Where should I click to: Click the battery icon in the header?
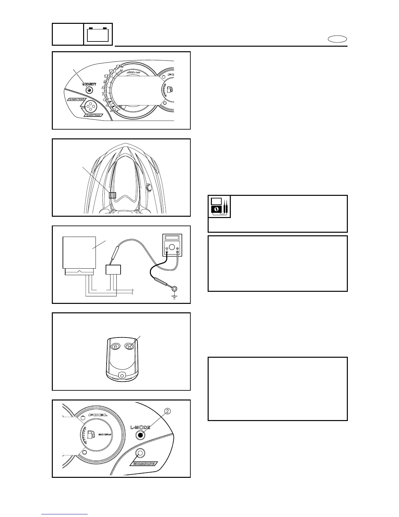[98, 34]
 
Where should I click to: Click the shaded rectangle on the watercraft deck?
[112, 195]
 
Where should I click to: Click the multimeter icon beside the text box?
[219, 207]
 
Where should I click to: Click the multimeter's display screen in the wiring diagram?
[172, 238]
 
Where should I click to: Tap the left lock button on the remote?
[116, 346]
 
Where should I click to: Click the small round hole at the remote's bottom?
[122, 376]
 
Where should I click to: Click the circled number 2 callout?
[168, 411]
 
